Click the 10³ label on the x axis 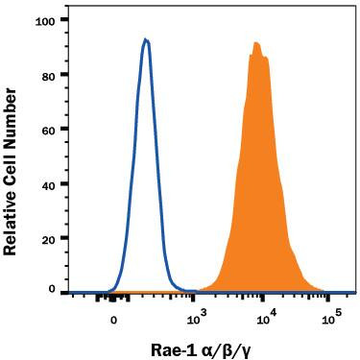click(196, 319)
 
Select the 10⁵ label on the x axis click(331, 319)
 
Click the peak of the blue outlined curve click(145, 39)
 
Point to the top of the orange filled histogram click(256, 42)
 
